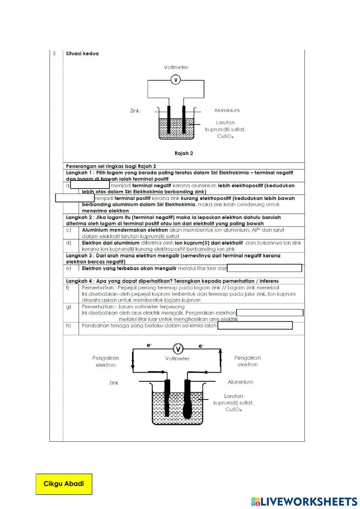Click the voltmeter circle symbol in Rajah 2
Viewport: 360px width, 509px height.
[175, 80]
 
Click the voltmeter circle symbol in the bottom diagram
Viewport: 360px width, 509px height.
[178, 349]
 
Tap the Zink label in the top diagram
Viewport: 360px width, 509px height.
[135, 111]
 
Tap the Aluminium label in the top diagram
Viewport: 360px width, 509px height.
[227, 110]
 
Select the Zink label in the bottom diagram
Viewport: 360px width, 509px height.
[114, 383]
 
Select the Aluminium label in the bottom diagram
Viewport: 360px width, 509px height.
[240, 382]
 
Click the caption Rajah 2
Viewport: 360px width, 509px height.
[184, 153]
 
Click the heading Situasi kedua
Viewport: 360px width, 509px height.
[82, 54]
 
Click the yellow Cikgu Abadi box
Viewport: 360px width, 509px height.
[64, 484]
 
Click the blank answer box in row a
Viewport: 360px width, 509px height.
[90, 185]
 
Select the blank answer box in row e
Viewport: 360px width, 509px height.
[265, 268]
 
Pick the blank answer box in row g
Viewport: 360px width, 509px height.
[270, 313]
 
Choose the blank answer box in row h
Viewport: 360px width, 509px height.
[255, 326]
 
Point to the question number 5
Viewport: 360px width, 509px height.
[54, 54]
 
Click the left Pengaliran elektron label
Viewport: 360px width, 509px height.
[105, 361]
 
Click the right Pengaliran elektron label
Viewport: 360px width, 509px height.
[247, 361]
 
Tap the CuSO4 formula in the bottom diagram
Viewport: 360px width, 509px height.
[234, 410]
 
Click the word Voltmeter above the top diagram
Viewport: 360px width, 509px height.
[176, 67]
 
